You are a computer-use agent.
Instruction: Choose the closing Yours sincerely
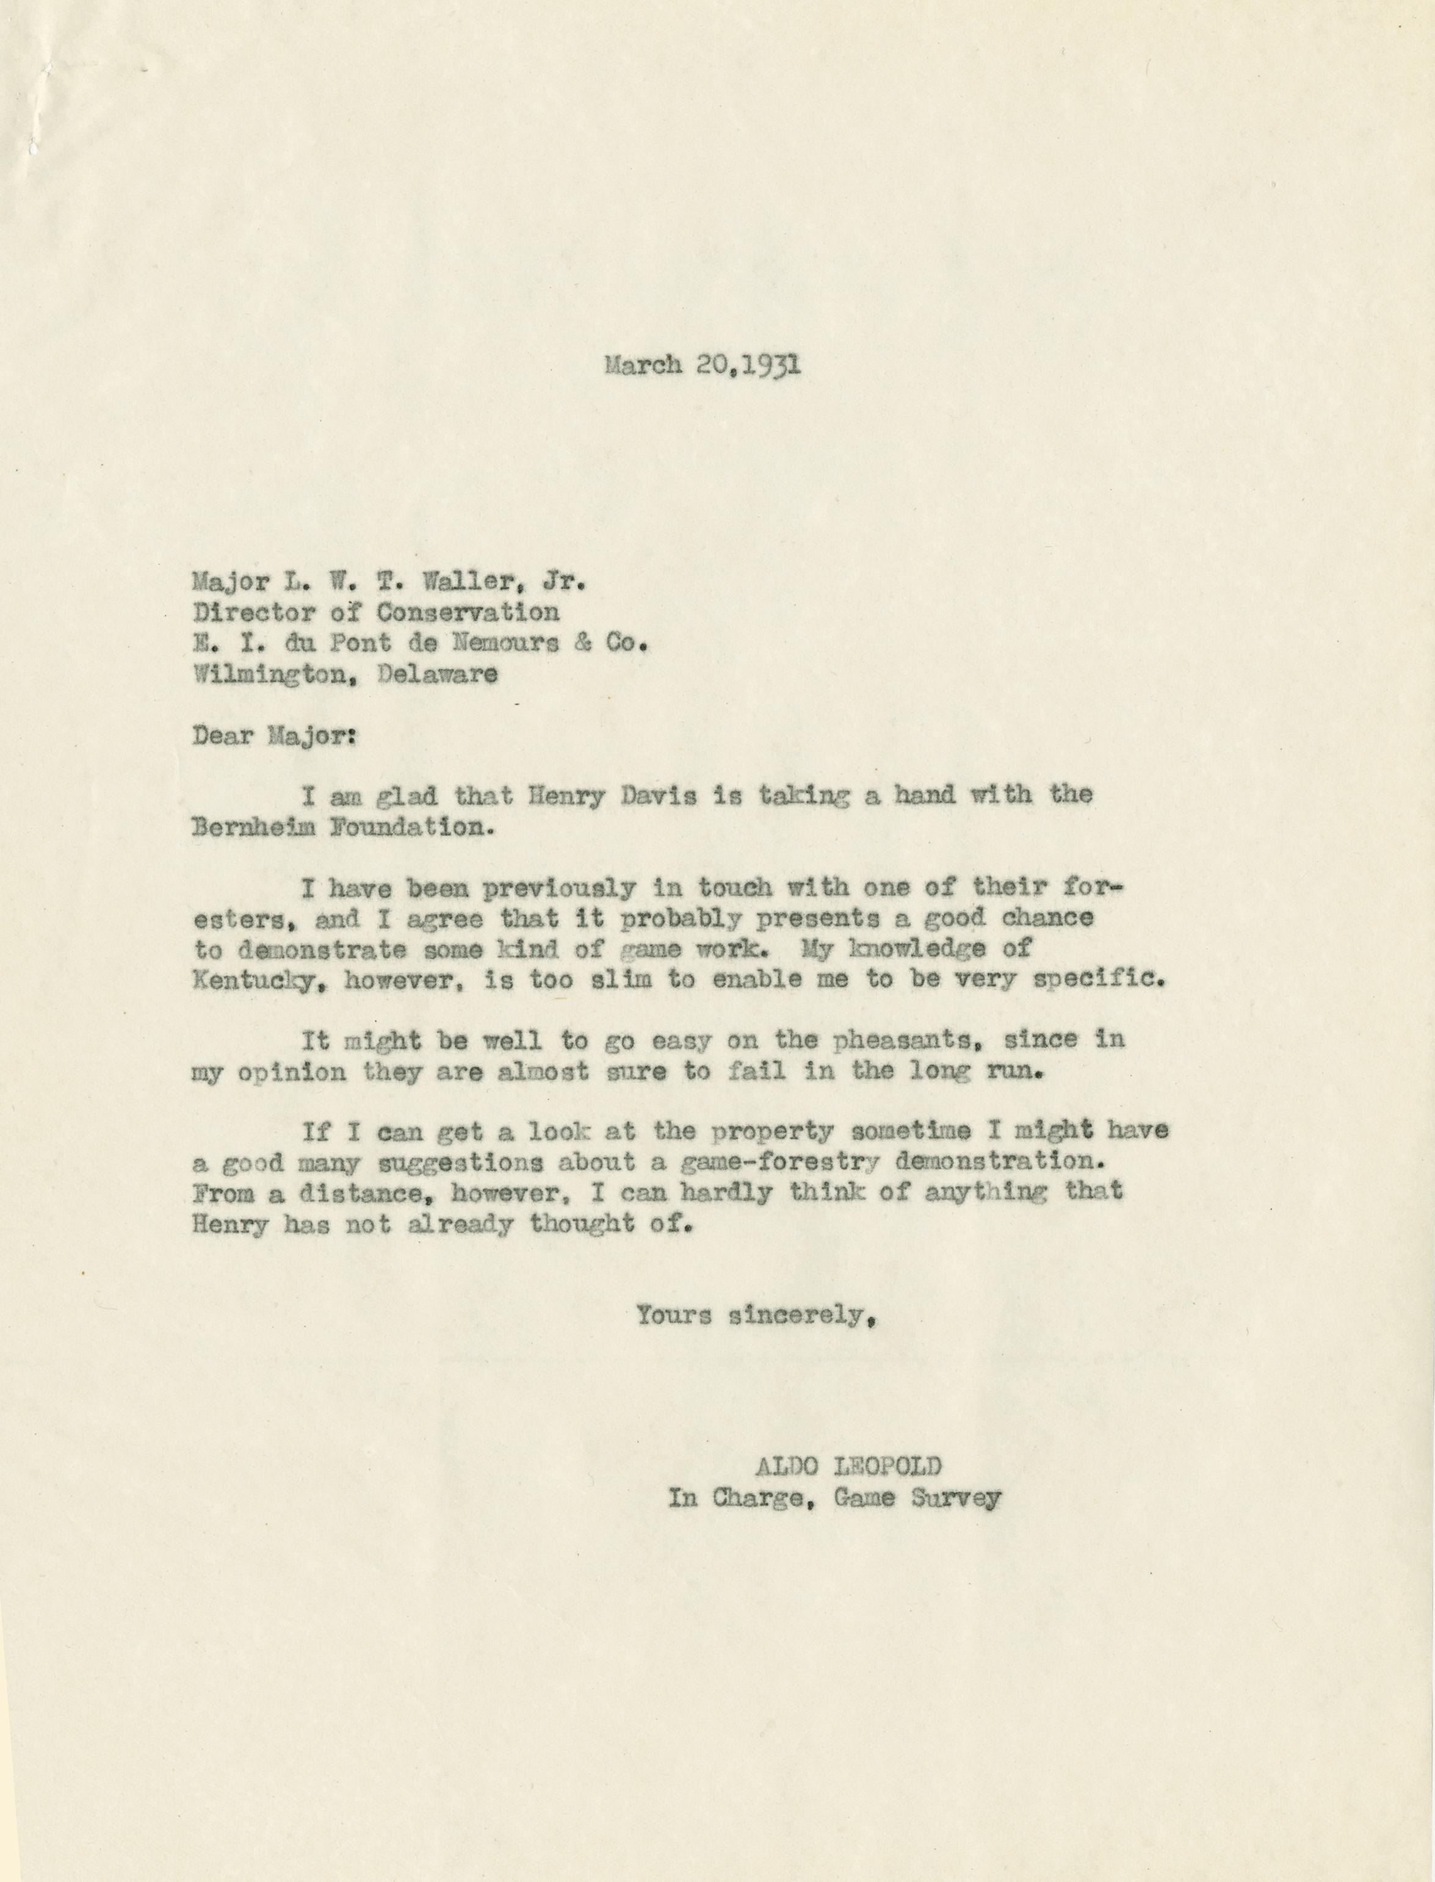[x=757, y=1316]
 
